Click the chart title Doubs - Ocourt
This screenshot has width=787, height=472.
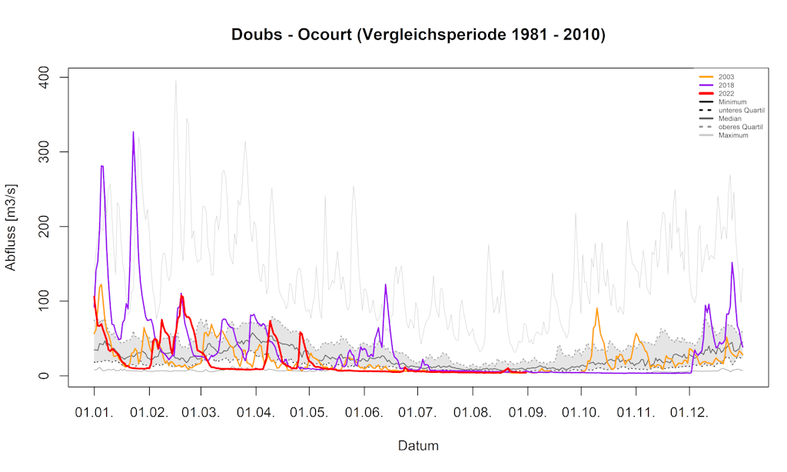418,35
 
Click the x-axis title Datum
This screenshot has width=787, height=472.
418,445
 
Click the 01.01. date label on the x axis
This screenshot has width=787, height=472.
95,413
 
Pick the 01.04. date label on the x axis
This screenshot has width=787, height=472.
255,413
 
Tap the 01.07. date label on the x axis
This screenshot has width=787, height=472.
418,413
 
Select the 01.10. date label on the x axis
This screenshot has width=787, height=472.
581,413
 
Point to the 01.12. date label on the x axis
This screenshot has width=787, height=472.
690,413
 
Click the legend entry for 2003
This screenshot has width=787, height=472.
726,77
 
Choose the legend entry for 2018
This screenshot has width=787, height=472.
726,85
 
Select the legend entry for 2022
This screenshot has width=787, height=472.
726,94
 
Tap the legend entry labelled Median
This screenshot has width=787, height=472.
730,119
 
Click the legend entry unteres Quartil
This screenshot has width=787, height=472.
741,111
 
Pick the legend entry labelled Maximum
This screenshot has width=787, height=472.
733,136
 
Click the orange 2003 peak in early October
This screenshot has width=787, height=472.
597,308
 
